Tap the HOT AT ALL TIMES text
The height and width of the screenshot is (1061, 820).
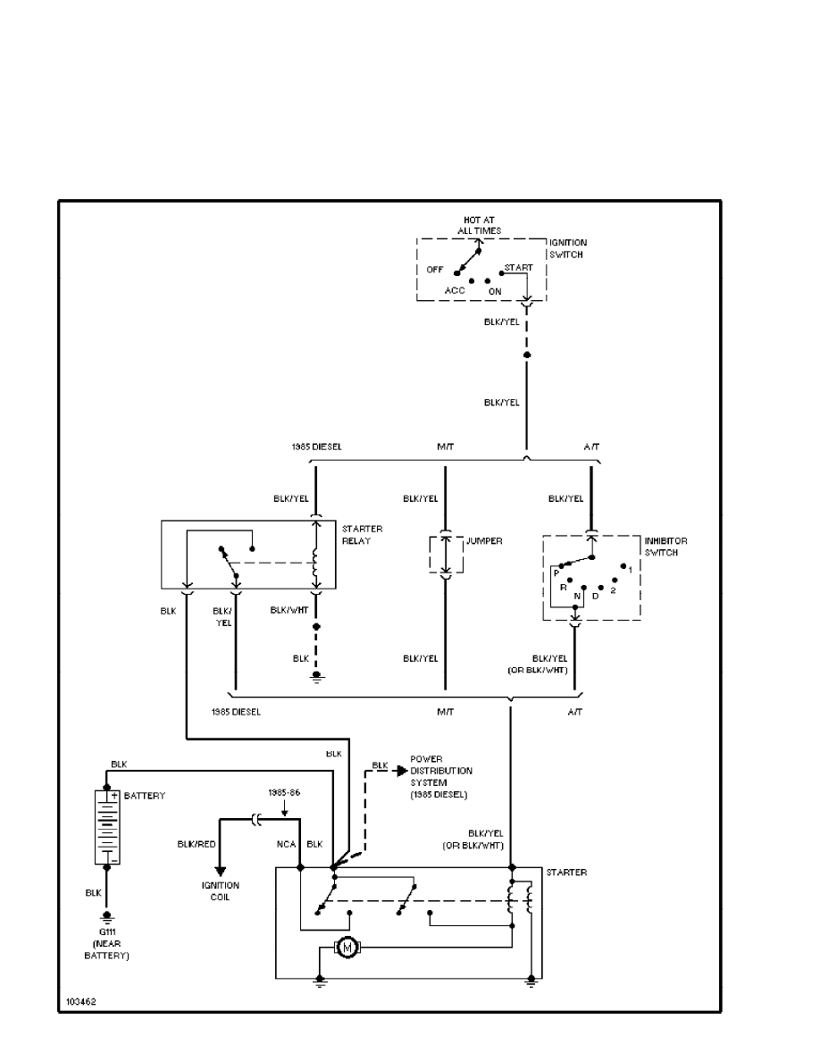(x=481, y=225)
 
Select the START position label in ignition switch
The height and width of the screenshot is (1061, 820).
(x=518, y=267)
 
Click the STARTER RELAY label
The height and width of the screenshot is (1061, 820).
(x=362, y=535)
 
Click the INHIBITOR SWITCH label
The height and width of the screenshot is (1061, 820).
(x=665, y=547)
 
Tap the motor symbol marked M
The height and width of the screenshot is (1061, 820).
(x=344, y=947)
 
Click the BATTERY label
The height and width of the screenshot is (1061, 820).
(x=145, y=794)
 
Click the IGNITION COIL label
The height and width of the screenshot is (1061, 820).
(x=220, y=890)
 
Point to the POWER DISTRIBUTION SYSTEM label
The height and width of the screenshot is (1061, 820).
(x=440, y=777)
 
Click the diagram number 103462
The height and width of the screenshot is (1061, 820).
(x=80, y=1002)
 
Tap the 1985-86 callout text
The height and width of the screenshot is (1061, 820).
(x=284, y=792)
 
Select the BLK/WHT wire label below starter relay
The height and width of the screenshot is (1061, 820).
(x=289, y=610)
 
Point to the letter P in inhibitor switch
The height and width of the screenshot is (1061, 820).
(x=556, y=574)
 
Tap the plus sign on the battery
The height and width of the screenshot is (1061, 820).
(x=115, y=795)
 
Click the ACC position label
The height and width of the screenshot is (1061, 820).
(x=456, y=290)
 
